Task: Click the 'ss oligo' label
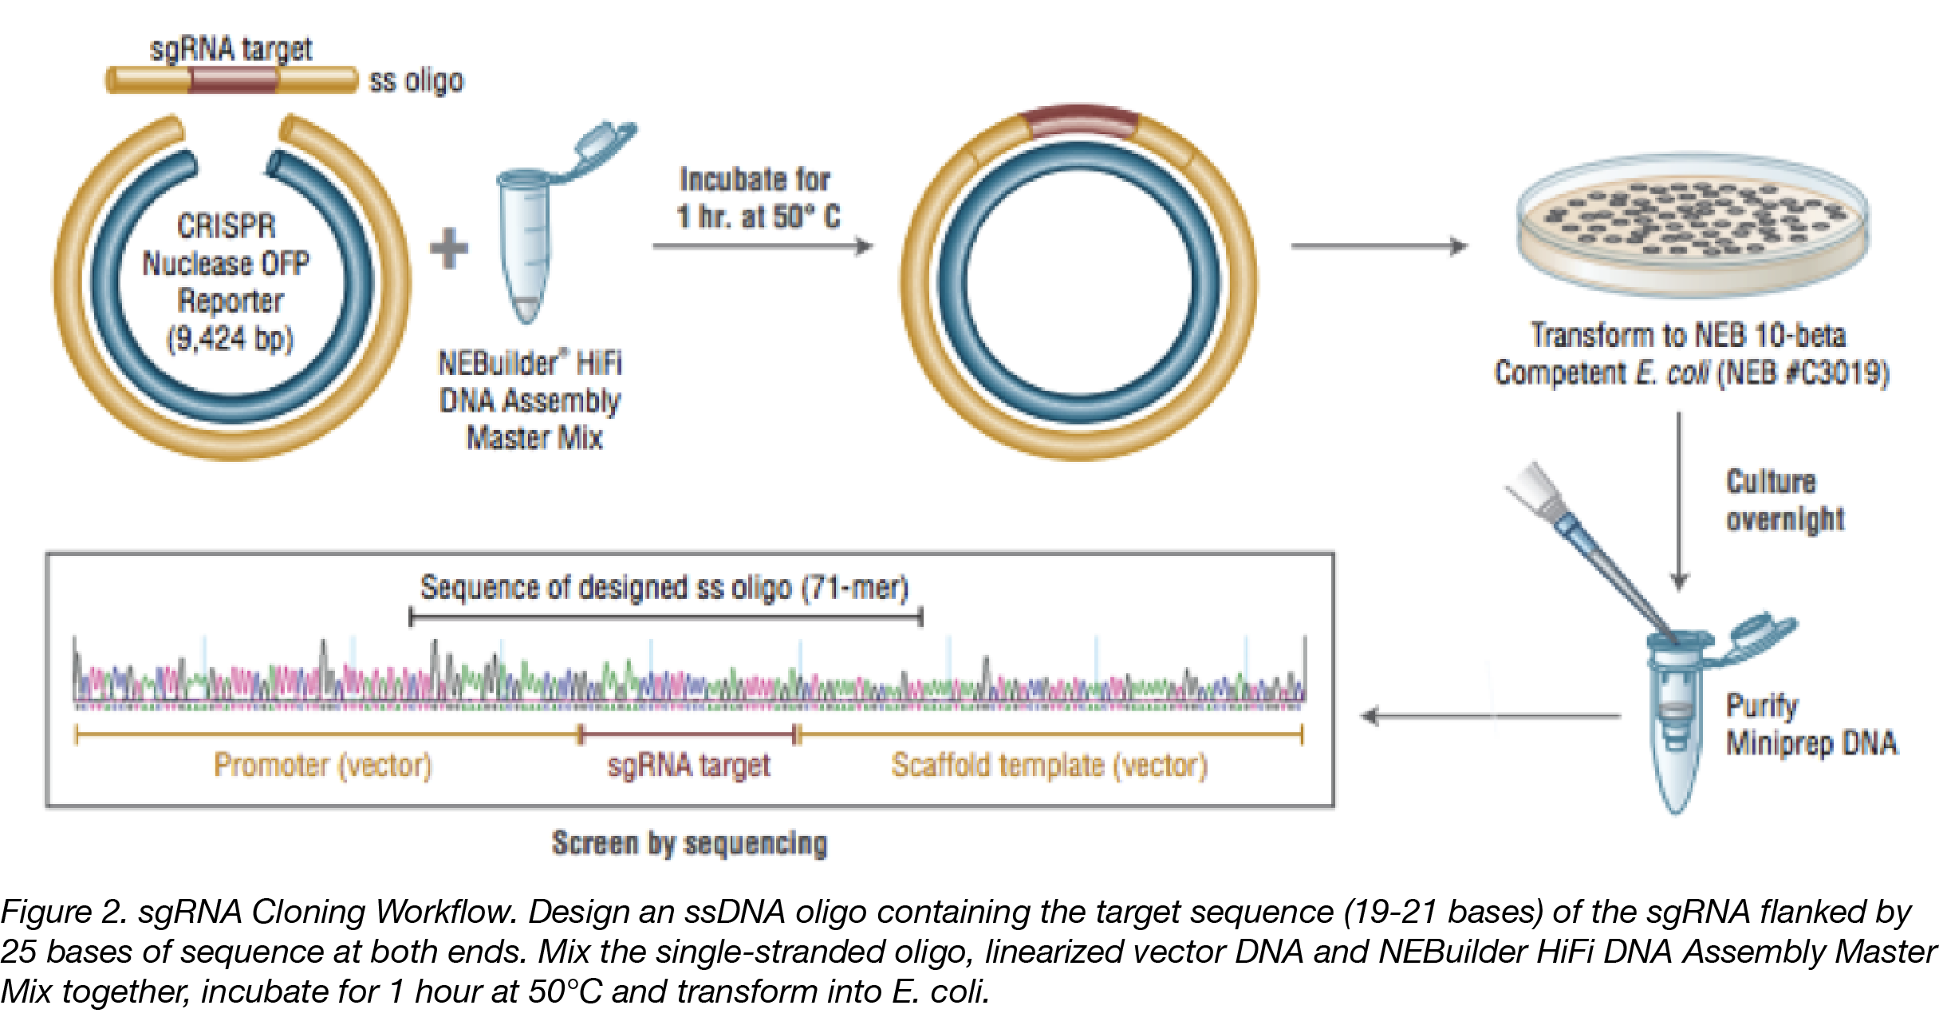[416, 81]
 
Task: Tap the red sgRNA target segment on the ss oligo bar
[233, 81]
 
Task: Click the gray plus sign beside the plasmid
[449, 248]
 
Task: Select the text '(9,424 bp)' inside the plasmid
[230, 338]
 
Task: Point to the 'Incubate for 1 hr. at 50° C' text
[757, 198]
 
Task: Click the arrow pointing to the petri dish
[1380, 246]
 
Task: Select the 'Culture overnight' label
[1783, 500]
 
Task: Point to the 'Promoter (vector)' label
[322, 765]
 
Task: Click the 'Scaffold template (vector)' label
[1049, 765]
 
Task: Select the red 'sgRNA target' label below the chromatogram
[688, 765]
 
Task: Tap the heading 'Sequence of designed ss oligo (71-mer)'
[664, 588]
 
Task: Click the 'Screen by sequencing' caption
[689, 843]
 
